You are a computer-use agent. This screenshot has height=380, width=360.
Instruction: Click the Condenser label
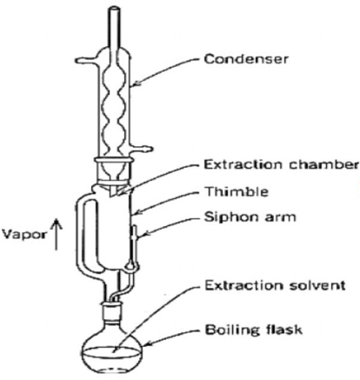click(246, 59)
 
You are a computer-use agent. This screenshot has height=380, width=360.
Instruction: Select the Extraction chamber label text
click(281, 164)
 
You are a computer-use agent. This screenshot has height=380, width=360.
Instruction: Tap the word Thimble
click(237, 191)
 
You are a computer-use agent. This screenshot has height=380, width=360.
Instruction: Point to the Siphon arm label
click(250, 217)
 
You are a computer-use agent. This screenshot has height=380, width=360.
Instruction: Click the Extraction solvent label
click(275, 285)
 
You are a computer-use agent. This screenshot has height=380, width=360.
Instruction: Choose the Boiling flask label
click(254, 330)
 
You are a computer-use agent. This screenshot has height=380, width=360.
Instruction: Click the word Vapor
click(24, 234)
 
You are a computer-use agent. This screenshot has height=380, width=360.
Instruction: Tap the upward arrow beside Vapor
click(57, 234)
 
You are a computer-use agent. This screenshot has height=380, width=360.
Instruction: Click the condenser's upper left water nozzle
click(86, 60)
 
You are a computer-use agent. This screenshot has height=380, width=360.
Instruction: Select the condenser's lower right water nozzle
click(141, 149)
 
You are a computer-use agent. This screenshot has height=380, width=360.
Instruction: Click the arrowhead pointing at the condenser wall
click(136, 84)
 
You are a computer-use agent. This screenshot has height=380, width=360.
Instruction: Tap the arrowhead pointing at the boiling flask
click(148, 343)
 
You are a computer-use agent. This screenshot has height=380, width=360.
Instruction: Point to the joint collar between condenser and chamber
click(115, 160)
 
